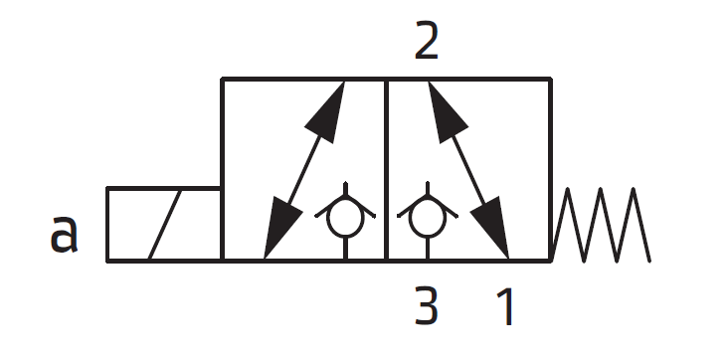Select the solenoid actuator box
(x=163, y=224)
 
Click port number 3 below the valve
(x=426, y=308)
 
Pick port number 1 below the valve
(x=506, y=308)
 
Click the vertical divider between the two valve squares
(x=385, y=169)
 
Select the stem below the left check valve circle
(x=344, y=250)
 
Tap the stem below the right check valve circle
(x=426, y=250)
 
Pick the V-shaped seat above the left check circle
(x=344, y=192)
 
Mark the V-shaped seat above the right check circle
(x=426, y=192)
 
